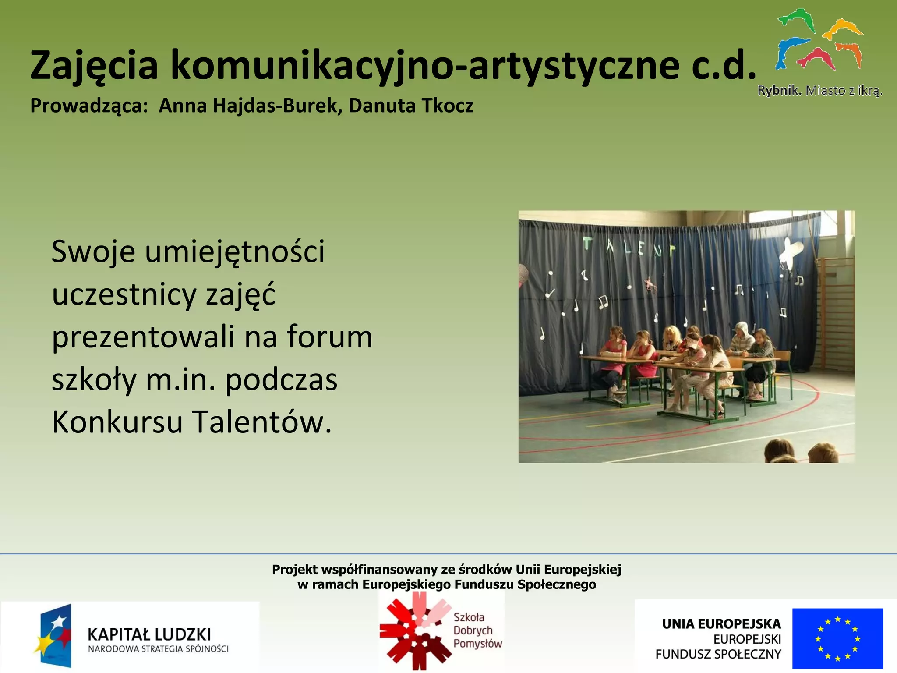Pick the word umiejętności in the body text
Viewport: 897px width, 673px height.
tap(235, 252)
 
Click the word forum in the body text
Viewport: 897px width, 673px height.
tap(329, 336)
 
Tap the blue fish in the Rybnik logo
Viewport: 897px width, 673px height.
tap(788, 50)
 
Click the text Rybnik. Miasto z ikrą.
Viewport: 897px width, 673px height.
tap(819, 91)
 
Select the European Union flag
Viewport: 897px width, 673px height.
tap(837, 638)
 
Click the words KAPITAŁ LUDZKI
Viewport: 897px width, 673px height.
tap(149, 634)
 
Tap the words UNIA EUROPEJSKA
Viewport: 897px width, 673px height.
tap(721, 623)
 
